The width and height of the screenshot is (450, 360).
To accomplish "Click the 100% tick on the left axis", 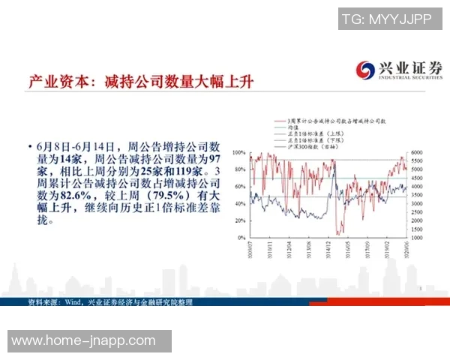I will (x=239, y=151).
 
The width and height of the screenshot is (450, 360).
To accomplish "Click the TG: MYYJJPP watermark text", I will (x=385, y=19).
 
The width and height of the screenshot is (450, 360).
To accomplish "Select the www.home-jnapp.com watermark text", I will (x=89, y=340).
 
